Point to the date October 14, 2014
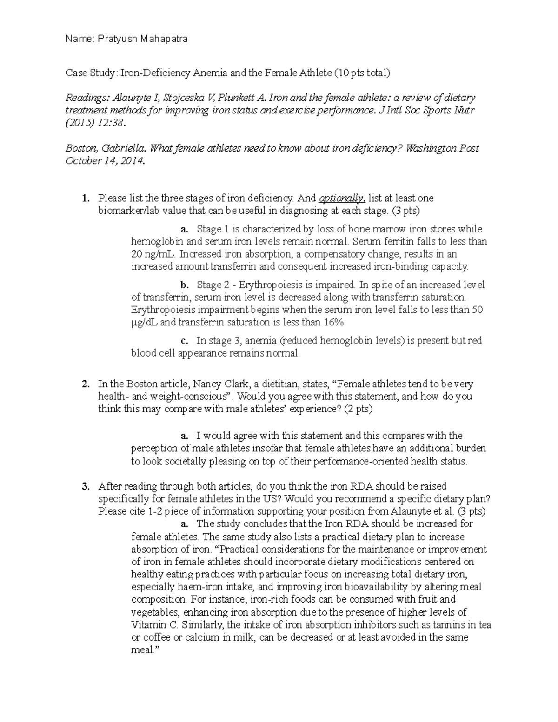click(x=105, y=161)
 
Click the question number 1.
click(x=85, y=199)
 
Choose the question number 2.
click(x=85, y=384)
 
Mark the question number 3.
click(x=85, y=486)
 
